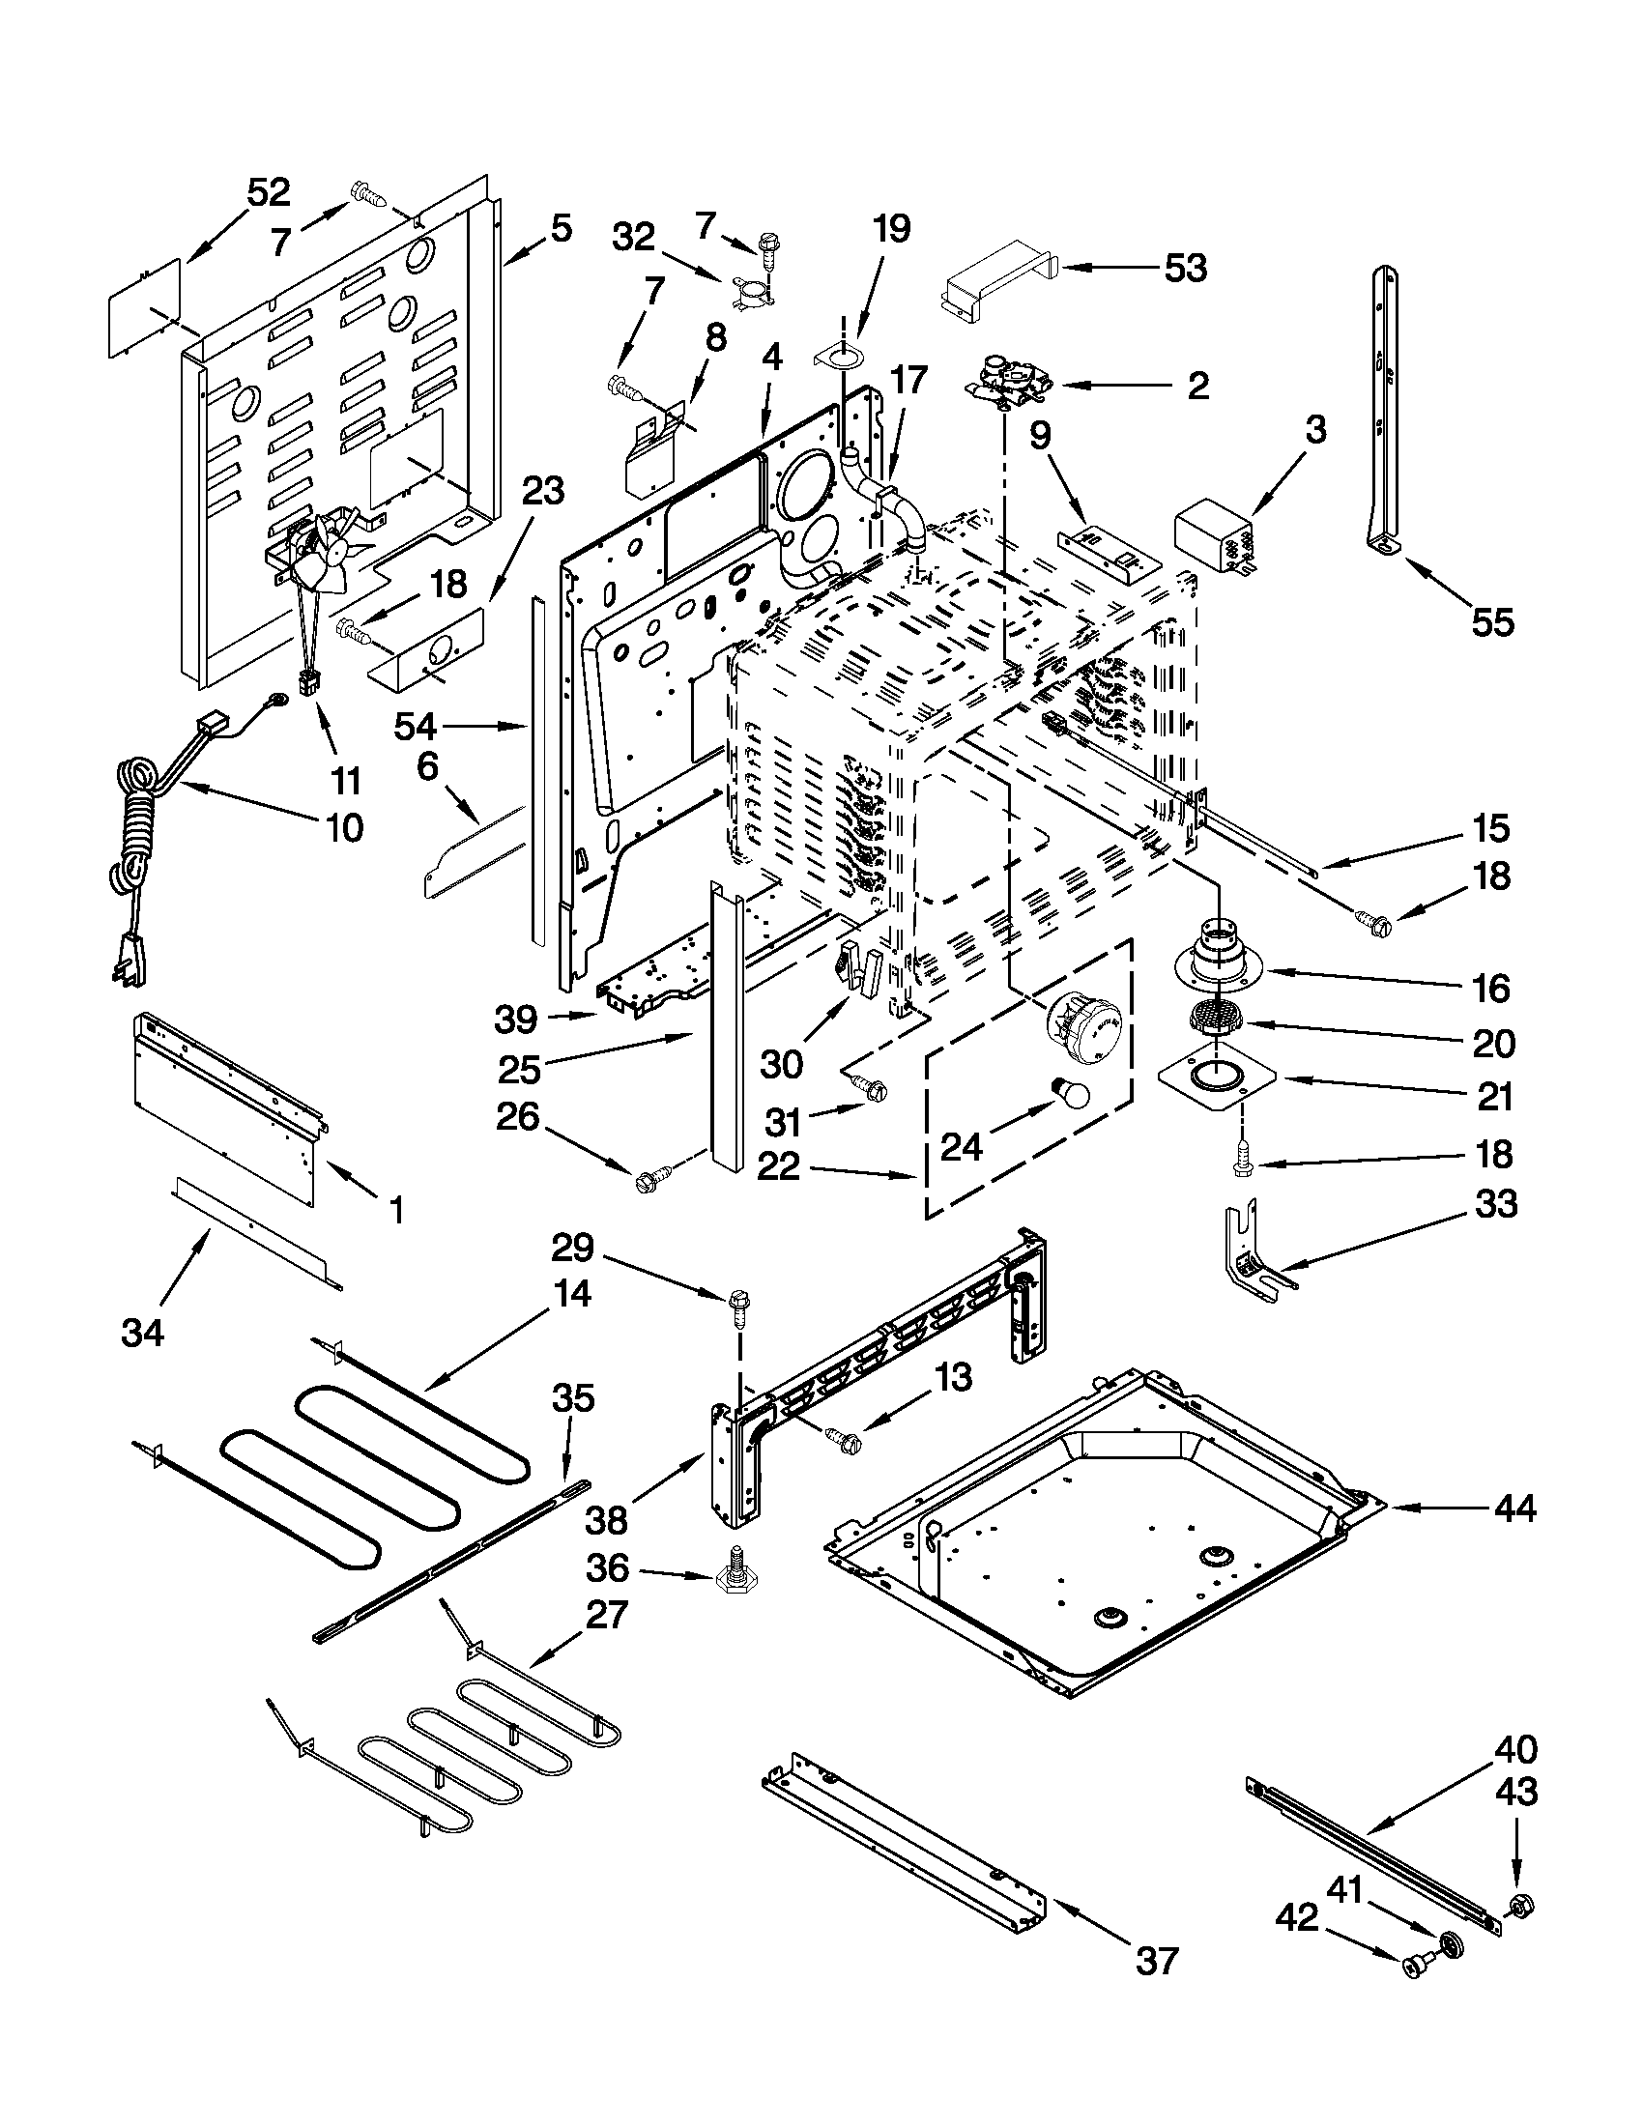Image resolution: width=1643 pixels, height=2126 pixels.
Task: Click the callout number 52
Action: pyautogui.click(x=268, y=192)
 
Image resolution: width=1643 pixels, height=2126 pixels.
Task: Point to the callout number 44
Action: pyautogui.click(x=1514, y=1508)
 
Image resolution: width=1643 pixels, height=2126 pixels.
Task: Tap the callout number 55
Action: pyautogui.click(x=1492, y=622)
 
